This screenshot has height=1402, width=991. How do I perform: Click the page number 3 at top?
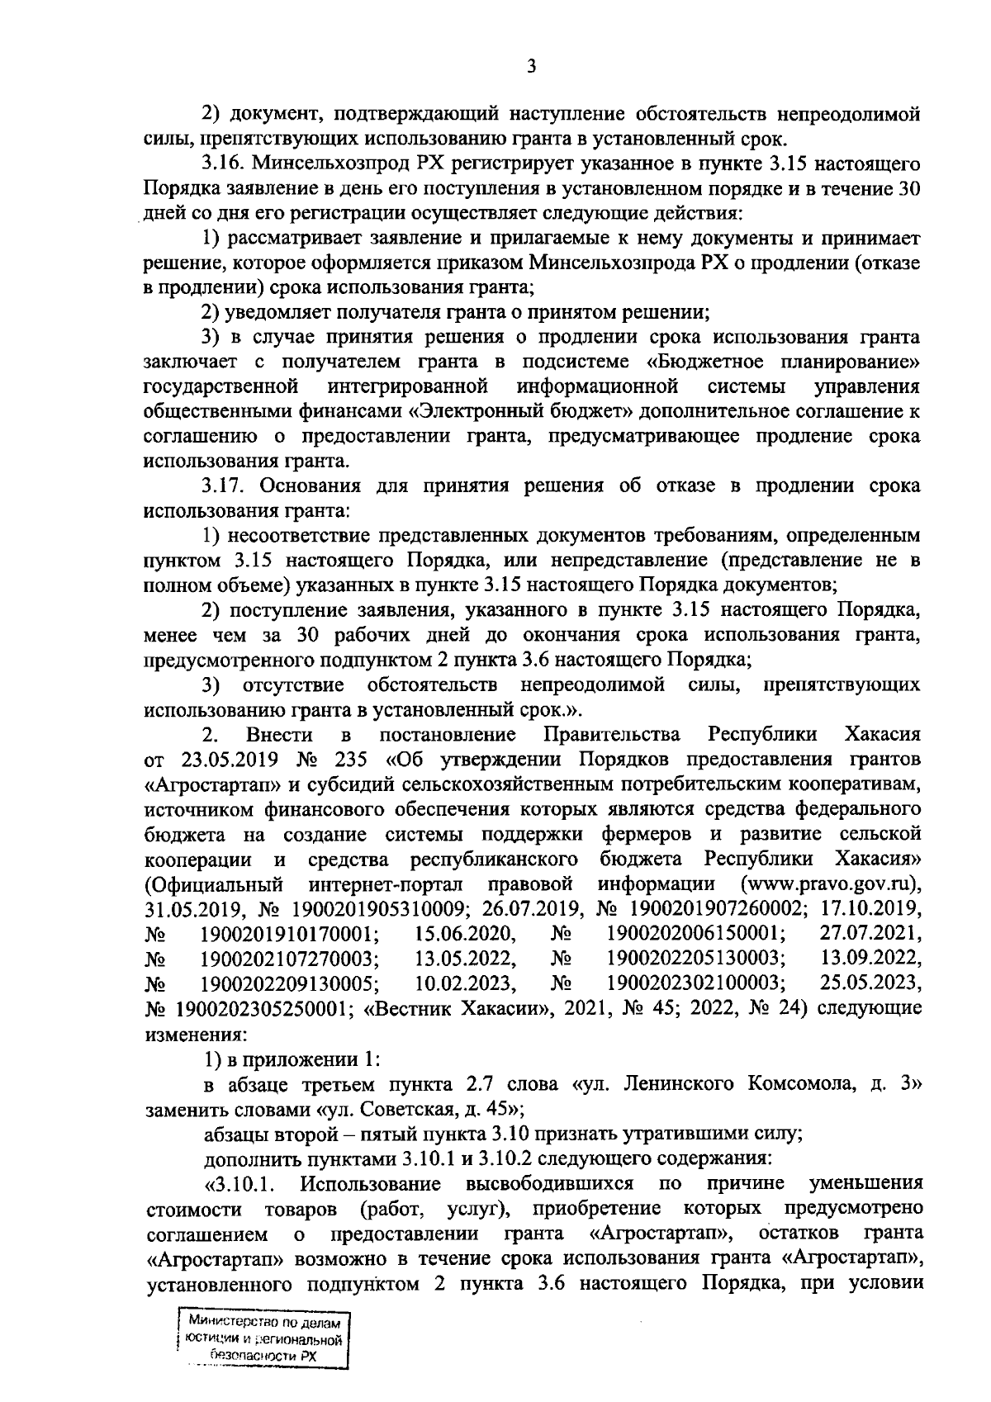[x=531, y=67]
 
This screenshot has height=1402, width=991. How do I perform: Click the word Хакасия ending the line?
[x=883, y=734]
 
